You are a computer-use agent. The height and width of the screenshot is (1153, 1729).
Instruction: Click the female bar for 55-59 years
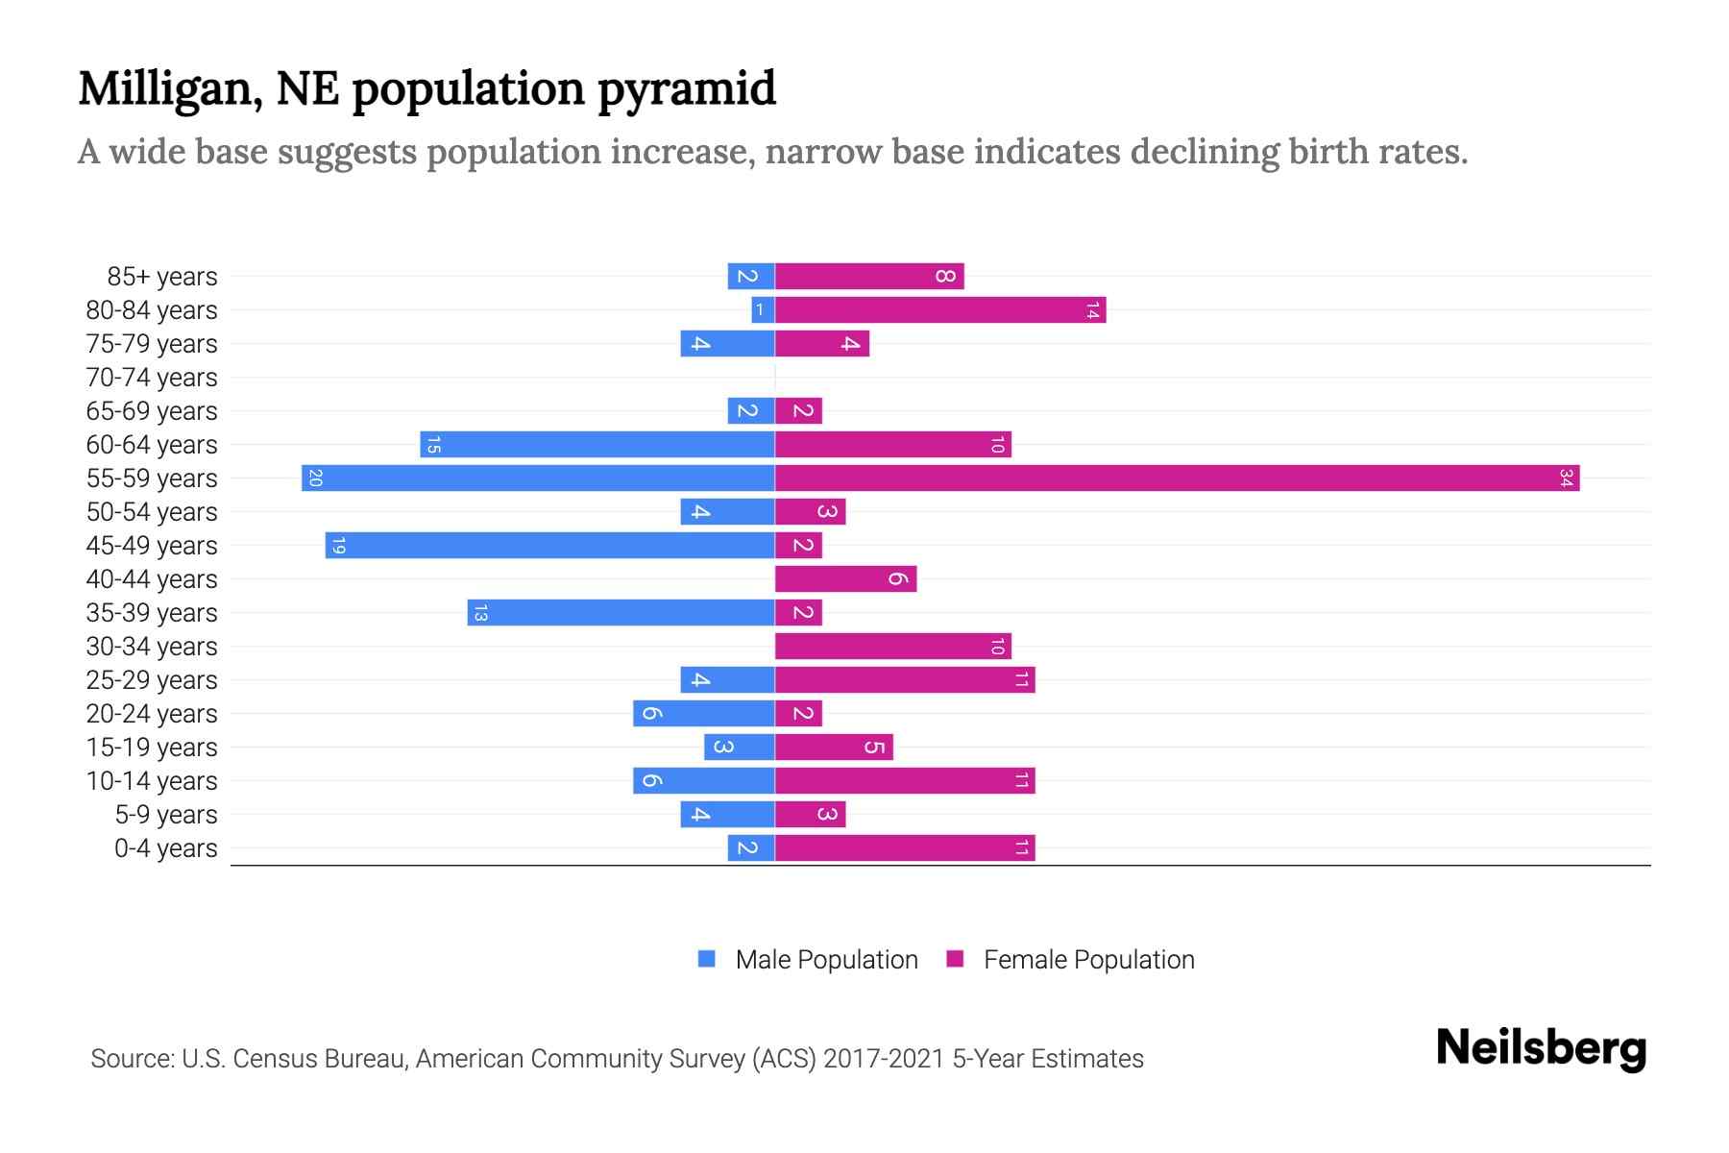click(x=1177, y=478)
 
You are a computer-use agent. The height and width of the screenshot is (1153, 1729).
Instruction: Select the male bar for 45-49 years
click(x=549, y=546)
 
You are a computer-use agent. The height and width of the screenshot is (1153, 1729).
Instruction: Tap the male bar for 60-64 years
click(x=597, y=445)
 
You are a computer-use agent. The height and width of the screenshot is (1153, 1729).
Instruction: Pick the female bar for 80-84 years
click(x=939, y=310)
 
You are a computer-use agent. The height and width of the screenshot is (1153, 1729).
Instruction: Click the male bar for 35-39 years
click(x=621, y=613)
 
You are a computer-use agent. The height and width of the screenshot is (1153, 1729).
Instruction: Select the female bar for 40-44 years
click(x=845, y=579)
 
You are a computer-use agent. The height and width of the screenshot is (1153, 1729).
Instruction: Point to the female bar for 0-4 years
click(x=904, y=848)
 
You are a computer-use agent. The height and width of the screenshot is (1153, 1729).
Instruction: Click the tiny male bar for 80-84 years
click(x=763, y=310)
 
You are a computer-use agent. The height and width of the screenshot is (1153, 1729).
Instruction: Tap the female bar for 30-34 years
click(x=892, y=647)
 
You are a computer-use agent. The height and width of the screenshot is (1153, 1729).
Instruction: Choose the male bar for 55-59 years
click(x=538, y=478)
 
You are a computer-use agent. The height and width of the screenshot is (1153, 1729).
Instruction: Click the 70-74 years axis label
click(x=152, y=378)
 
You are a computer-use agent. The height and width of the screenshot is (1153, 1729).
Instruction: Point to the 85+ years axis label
click(x=162, y=277)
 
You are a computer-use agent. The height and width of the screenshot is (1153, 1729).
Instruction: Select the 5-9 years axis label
click(x=166, y=815)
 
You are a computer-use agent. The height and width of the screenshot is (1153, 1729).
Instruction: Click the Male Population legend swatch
click(x=707, y=959)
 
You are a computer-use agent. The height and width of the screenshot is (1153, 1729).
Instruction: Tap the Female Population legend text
click(x=1088, y=960)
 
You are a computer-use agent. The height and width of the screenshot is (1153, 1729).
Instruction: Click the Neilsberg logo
click(x=1541, y=1048)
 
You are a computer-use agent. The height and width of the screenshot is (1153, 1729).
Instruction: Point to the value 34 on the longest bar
click(x=1566, y=478)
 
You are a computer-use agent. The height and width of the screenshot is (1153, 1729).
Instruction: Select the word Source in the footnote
click(x=132, y=1059)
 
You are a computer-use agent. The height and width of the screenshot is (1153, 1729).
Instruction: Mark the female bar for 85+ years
click(x=868, y=277)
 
